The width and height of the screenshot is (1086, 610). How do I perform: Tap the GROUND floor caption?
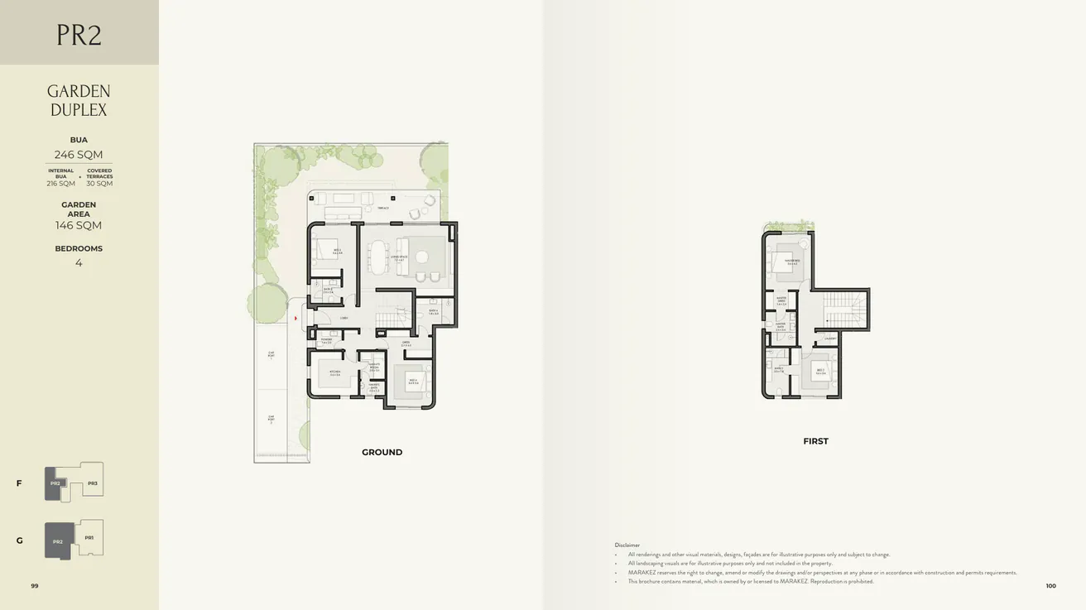pos(382,452)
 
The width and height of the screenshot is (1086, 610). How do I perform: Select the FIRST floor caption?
pos(815,441)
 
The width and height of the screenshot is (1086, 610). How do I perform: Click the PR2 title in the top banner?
pos(79,35)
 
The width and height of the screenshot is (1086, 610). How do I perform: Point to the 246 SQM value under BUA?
pos(79,155)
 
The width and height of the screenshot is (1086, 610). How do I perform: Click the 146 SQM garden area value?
pos(79,225)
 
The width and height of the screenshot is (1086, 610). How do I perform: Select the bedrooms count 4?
pos(79,263)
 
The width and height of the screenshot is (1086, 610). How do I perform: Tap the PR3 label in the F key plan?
pos(93,483)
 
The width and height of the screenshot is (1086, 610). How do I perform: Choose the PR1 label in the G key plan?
pos(89,538)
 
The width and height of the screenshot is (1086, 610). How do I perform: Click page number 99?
pos(35,585)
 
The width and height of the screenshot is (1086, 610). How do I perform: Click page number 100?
pos(1050,585)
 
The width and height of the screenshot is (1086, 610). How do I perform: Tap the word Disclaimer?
pos(627,545)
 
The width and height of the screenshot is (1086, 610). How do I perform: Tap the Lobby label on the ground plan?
pos(344,318)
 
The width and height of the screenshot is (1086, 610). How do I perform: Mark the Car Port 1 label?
pos(271,354)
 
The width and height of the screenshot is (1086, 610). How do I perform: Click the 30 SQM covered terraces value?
pos(99,184)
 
